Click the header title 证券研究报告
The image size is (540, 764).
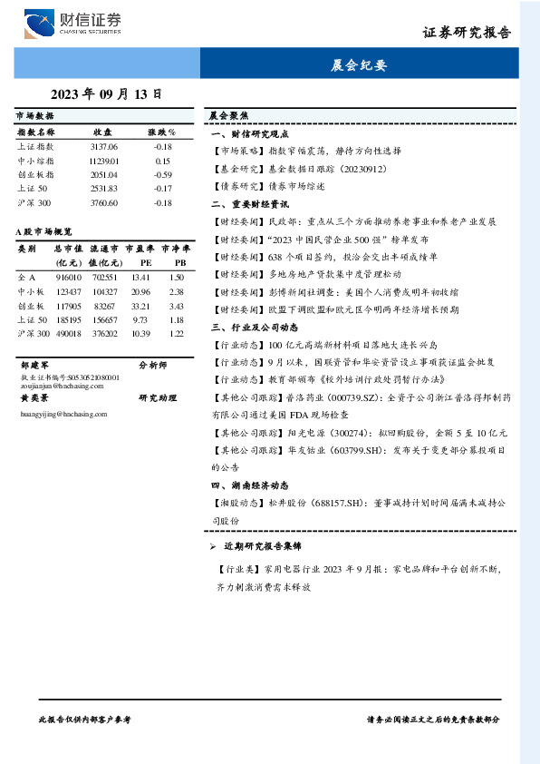[467, 33]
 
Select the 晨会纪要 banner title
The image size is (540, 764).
[361, 65]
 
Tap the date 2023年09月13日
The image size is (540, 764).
[107, 93]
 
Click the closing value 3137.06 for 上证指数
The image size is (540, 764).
[104, 146]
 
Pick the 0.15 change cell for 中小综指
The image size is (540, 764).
[162, 160]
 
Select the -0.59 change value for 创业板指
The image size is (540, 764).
[162, 174]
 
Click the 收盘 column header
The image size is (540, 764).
[102, 132]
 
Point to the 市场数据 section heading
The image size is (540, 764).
[34, 117]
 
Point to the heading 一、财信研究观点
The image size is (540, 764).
[249, 132]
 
